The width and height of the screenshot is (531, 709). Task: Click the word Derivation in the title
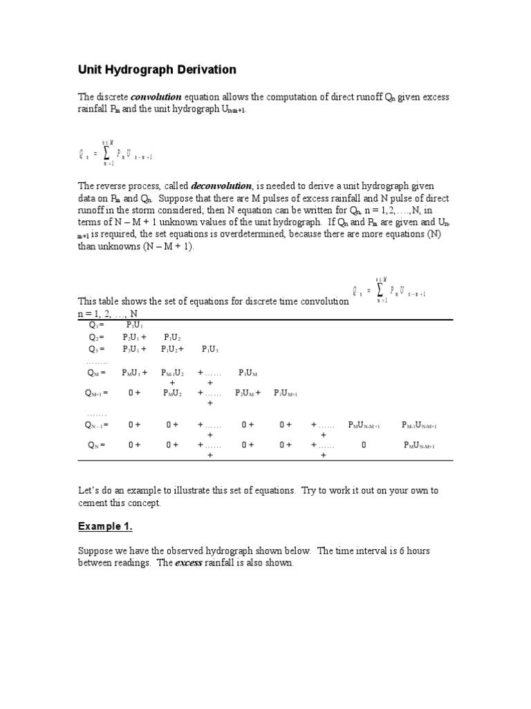click(x=206, y=70)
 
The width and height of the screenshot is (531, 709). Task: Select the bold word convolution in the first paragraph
click(x=156, y=98)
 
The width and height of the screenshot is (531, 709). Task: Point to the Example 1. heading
click(x=104, y=527)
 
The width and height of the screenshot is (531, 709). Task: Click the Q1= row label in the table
click(x=96, y=325)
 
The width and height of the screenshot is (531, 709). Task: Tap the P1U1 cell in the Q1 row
click(x=135, y=325)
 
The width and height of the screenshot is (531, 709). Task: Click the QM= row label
click(x=96, y=373)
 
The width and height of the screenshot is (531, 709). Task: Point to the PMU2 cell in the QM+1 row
click(x=173, y=393)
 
